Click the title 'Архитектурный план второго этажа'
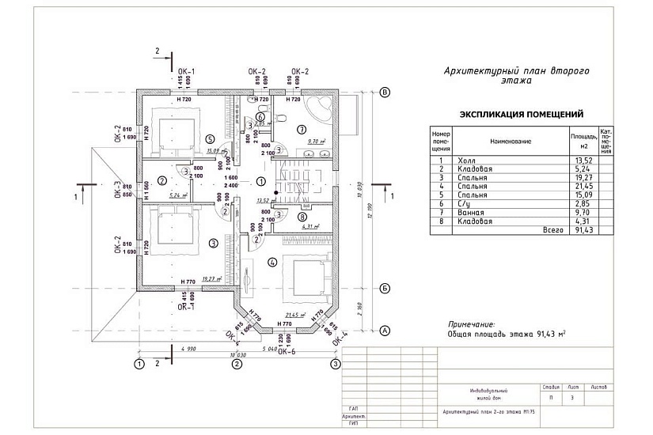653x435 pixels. tap(518, 75)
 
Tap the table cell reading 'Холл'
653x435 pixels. tap(466, 161)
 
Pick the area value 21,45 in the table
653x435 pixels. tap(583, 187)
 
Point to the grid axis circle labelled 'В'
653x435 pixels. tap(386, 93)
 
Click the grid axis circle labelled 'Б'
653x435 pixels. tap(386, 288)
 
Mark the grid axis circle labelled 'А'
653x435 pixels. tap(386, 330)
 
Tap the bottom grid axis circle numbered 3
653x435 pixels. tap(336, 365)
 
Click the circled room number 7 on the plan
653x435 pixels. tap(301, 129)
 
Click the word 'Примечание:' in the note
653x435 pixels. tap(472, 324)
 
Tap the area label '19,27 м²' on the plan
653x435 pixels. tap(211, 278)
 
